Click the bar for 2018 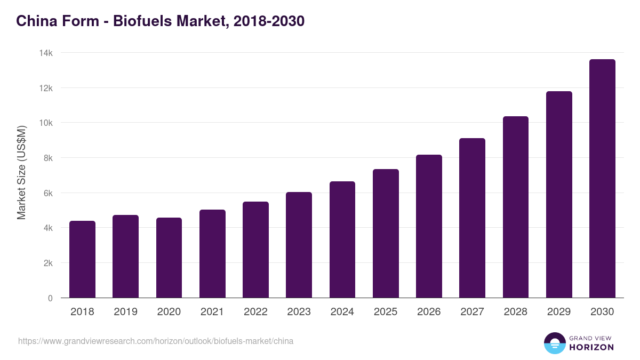tap(82, 259)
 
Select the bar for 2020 tap(169, 258)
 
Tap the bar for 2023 tap(299, 245)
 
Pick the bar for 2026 tap(429, 226)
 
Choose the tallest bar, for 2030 tap(602, 179)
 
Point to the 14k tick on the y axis tap(46, 53)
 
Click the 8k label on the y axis tap(47, 158)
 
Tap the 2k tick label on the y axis tap(47, 263)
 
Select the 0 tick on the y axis tap(50, 298)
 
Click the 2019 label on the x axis tap(125, 312)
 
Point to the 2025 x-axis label tap(386, 312)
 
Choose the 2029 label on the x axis tap(559, 312)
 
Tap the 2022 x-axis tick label tap(255, 312)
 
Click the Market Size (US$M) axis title tap(21, 173)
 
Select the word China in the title tap(33, 21)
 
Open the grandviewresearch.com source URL tap(156, 341)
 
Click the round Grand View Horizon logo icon tap(554, 343)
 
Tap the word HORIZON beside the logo tap(591, 347)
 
